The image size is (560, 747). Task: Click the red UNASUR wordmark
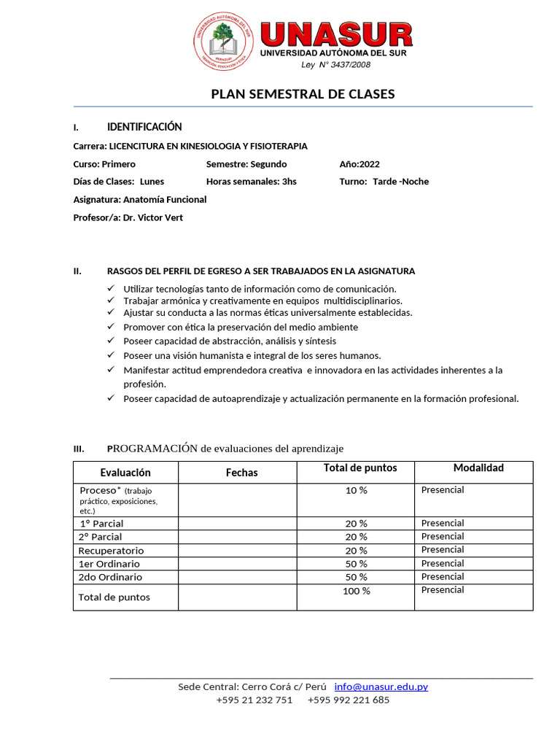336,35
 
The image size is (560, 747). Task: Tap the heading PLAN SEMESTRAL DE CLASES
303,94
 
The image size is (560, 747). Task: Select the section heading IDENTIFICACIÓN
144,127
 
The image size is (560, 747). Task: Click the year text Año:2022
359,164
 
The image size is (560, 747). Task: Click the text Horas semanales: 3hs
251,182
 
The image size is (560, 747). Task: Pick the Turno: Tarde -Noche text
384,182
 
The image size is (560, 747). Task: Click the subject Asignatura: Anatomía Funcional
140,199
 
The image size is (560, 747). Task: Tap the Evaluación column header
125,473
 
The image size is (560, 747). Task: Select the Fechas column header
241,473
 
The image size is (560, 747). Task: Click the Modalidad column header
478,468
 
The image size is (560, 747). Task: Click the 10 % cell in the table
356,490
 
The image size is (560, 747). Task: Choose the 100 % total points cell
356,591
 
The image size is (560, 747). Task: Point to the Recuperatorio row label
111,551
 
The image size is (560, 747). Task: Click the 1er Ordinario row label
109,564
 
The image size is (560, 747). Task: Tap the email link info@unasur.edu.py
381,686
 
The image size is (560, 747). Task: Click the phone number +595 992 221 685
349,700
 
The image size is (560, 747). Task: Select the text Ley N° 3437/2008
335,65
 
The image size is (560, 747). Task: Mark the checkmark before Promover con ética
111,327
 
